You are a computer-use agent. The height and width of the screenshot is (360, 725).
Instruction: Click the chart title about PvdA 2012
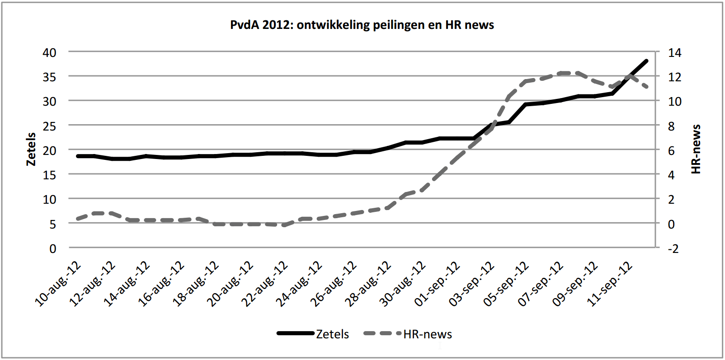point(362,25)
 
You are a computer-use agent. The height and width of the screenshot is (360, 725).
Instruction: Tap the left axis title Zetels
point(31,149)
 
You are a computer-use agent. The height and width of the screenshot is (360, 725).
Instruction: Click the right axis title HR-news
point(696,149)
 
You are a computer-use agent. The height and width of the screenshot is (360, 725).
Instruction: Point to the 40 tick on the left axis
point(50,52)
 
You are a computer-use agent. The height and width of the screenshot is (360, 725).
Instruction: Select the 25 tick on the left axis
point(50,126)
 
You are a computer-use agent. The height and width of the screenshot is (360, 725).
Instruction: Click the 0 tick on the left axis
point(53,248)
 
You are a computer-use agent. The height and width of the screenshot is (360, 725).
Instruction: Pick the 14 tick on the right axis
point(674,52)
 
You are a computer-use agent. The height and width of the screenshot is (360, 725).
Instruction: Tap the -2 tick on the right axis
point(673,248)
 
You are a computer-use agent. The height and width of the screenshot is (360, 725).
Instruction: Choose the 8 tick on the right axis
point(671,126)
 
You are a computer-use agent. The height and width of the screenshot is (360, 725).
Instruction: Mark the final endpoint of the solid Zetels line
point(646,61)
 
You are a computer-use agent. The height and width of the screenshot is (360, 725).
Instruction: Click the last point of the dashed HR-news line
point(647,86)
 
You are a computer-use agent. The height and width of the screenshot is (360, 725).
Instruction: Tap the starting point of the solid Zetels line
point(78,156)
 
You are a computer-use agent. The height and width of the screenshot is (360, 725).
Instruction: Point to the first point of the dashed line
point(78,219)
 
